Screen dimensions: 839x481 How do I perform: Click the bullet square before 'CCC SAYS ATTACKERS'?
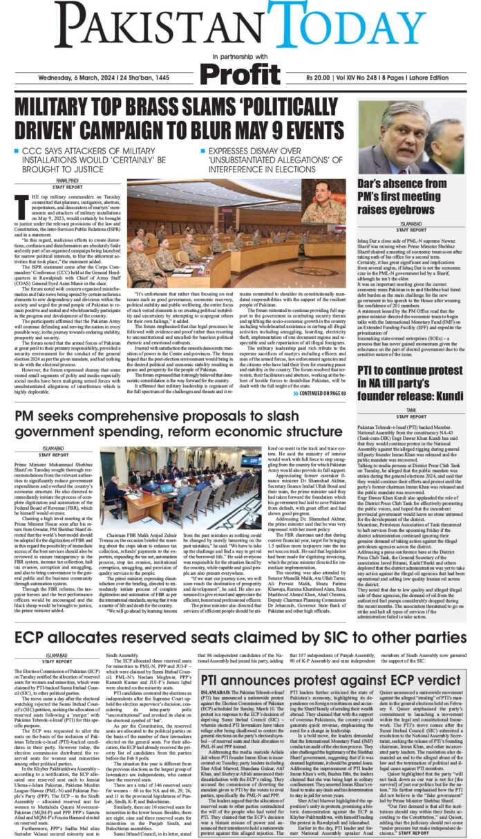pyautogui.click(x=17, y=151)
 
